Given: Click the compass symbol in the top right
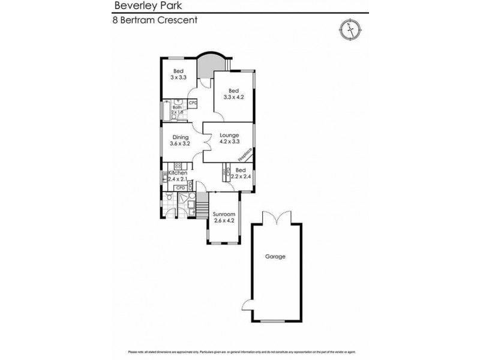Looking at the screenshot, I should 347,29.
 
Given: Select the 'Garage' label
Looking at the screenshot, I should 275,257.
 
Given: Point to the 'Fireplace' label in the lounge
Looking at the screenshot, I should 245,154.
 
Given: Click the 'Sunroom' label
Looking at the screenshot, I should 223,214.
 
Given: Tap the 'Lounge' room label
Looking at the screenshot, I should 229,135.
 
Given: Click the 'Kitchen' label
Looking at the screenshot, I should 178,173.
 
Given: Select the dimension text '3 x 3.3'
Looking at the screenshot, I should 179,77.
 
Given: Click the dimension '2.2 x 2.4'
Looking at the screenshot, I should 241,177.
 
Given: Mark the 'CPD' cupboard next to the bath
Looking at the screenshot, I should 193,103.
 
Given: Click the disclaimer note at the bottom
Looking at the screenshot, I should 240,352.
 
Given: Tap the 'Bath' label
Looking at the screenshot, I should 177,107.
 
